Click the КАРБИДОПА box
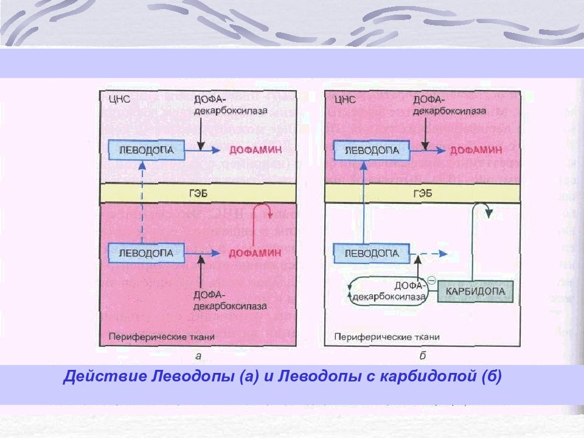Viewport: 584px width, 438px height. tap(475, 291)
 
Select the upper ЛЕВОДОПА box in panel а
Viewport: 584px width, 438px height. tap(147, 150)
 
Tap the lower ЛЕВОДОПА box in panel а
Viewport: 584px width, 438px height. tap(147, 253)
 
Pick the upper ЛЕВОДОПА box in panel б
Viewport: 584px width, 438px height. tap(372, 150)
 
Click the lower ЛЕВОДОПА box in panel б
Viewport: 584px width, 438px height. tap(372, 253)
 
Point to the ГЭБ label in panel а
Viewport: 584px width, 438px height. tap(198, 193)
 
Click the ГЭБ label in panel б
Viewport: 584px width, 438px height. tap(423, 193)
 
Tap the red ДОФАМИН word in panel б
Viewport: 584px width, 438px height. tap(476, 150)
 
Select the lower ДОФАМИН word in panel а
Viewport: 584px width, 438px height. tap(255, 253)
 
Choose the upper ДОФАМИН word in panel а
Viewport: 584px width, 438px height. tap(255, 150)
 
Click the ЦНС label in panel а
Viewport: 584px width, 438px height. tap(120, 99)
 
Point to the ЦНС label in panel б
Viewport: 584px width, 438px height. tap(345, 99)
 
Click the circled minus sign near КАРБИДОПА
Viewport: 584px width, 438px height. tap(431, 279)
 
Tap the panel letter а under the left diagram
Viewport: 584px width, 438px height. tap(198, 356)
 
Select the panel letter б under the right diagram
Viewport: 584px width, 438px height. tap(422, 356)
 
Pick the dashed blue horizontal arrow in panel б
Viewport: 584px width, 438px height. tap(429, 254)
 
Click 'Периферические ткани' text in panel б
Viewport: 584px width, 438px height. tap(387, 337)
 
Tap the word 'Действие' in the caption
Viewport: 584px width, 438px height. tap(105, 376)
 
